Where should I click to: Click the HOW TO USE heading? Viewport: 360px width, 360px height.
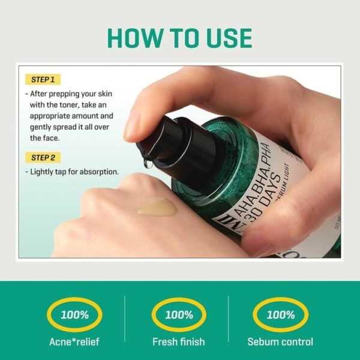[179, 37]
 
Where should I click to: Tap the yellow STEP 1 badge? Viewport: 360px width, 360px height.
[44, 79]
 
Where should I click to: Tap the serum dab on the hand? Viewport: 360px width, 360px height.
[157, 207]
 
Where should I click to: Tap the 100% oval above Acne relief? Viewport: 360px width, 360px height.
[76, 314]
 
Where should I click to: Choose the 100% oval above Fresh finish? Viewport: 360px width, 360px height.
[178, 314]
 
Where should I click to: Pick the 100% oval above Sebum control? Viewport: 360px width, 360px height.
[280, 314]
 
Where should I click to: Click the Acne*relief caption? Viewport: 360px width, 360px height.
[76, 342]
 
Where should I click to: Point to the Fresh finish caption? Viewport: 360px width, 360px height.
[178, 342]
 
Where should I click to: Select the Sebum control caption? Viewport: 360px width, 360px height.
[280, 342]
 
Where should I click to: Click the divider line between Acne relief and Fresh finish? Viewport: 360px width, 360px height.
[125, 322]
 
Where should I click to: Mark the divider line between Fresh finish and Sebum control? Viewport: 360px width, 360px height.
[230, 322]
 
